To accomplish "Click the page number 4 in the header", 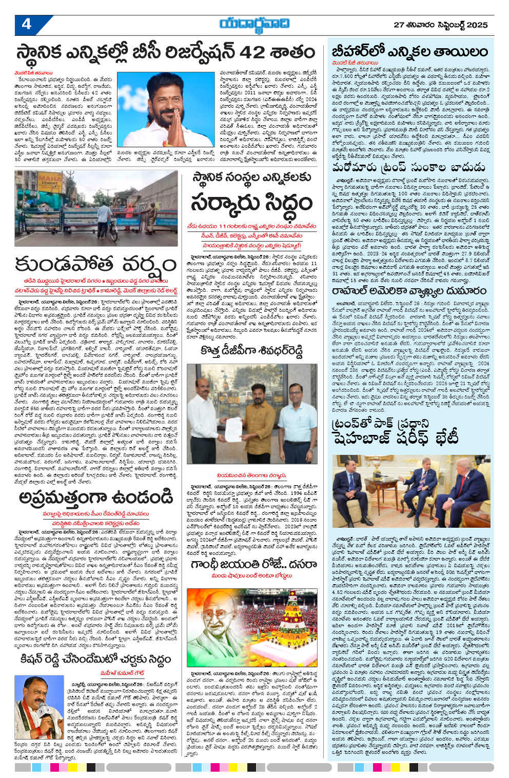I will click(x=26, y=24).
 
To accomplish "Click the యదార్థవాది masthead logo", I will click(x=254, y=24).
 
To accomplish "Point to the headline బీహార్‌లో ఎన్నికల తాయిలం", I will click(x=409, y=52).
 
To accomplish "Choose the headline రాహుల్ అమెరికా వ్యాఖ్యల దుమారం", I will click(x=409, y=291).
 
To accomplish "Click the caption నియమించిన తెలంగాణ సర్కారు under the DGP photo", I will click(x=251, y=475).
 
